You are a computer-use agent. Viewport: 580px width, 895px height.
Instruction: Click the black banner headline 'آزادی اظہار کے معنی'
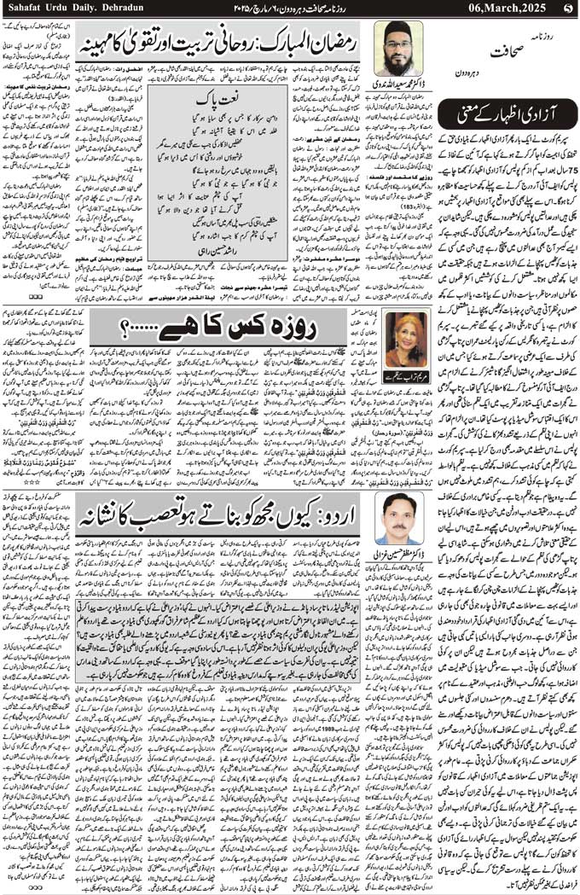509,110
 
